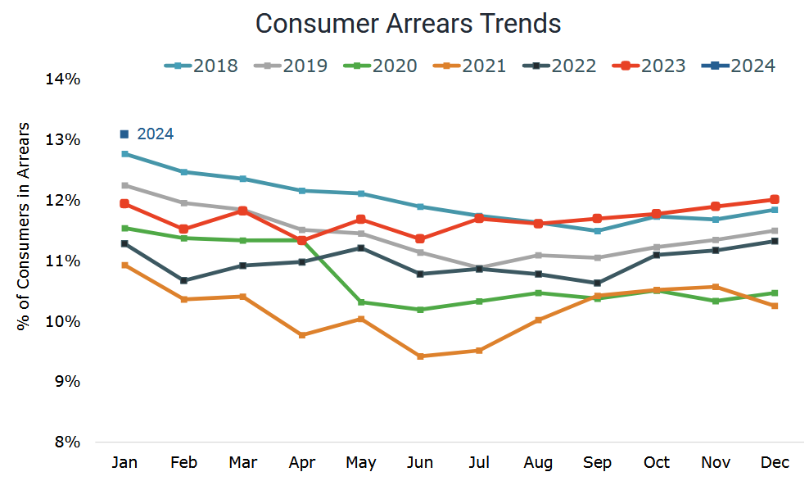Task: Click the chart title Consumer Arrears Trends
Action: pyautogui.click(x=408, y=24)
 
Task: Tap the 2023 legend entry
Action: pyautogui.click(x=649, y=66)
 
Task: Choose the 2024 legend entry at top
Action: pyautogui.click(x=739, y=66)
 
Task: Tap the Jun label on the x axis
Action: pyautogui.click(x=420, y=464)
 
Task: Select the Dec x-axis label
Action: pyautogui.click(x=774, y=464)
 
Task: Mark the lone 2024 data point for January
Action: pyautogui.click(x=124, y=134)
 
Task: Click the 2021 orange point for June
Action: pyautogui.click(x=420, y=356)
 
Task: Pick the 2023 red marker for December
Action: pyautogui.click(x=774, y=199)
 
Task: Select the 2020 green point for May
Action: pyautogui.click(x=361, y=302)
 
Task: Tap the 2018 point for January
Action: pyautogui.click(x=124, y=154)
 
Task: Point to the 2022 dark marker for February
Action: pyautogui.click(x=183, y=280)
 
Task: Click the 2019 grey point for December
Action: pyautogui.click(x=774, y=231)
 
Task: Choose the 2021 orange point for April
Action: pyautogui.click(x=302, y=335)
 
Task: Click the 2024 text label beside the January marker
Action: pyautogui.click(x=155, y=134)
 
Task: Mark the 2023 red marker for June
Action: pyautogui.click(x=420, y=238)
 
